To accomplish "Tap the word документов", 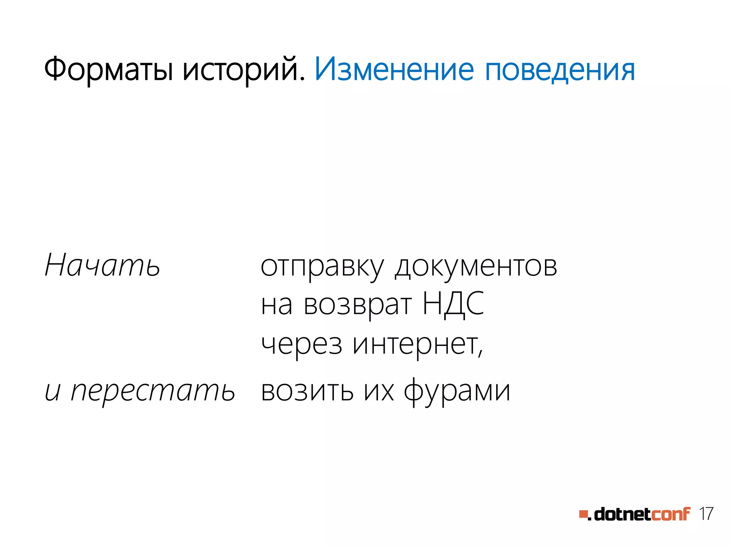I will pyautogui.click(x=476, y=267).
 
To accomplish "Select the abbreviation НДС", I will pyautogui.click(x=453, y=304).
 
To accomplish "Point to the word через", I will pyautogui.click(x=301, y=345).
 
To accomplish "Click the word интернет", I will pyautogui.click(x=417, y=345).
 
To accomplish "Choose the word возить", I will pyautogui.click(x=307, y=391).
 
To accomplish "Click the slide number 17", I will pyautogui.click(x=706, y=514).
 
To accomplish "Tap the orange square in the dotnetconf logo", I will pyautogui.click(x=583, y=514).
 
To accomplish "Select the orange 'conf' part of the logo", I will pyautogui.click(x=670, y=514).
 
